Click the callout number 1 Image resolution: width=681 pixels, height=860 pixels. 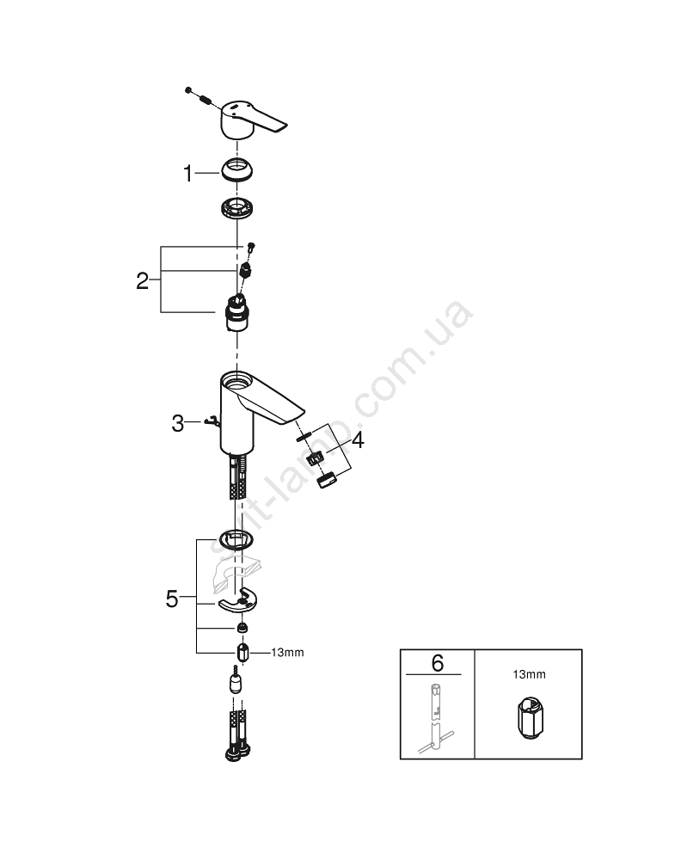[187, 174]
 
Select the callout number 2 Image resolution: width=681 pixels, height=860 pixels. [142, 281]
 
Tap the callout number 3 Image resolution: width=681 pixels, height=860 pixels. [178, 423]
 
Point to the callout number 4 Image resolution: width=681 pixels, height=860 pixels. [358, 439]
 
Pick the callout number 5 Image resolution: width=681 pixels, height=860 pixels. [172, 599]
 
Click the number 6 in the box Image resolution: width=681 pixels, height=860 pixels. [437, 663]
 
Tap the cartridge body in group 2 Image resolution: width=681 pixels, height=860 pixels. [237, 314]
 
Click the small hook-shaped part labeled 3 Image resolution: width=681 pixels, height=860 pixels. [212, 421]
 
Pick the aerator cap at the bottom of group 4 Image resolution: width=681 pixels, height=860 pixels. [328, 481]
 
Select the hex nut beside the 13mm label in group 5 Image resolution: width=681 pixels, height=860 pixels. [242, 653]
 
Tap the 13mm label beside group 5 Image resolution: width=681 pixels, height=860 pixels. [287, 653]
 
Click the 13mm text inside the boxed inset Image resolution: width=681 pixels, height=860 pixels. [529, 674]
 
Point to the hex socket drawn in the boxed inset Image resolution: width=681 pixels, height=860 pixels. [530, 718]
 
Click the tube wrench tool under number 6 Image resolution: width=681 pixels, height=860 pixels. [435, 719]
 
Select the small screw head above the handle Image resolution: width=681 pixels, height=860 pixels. [188, 89]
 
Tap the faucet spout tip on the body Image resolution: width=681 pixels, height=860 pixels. [293, 416]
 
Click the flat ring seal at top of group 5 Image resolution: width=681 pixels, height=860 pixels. [236, 540]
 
